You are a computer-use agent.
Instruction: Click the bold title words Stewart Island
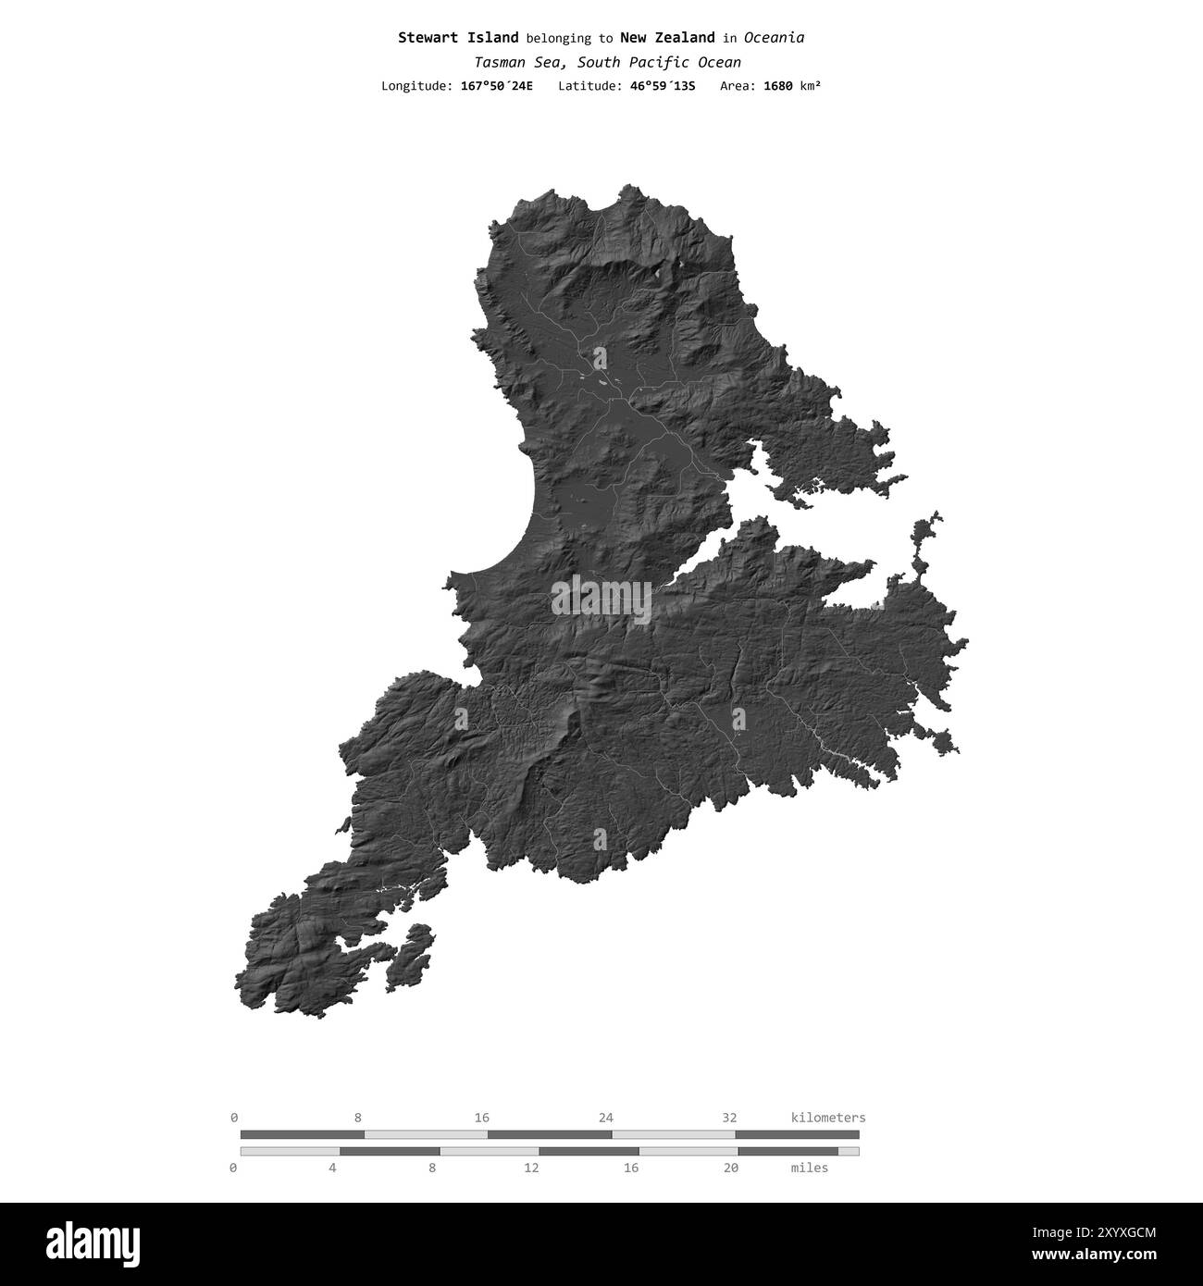click(458, 38)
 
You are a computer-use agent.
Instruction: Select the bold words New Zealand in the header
click(666, 38)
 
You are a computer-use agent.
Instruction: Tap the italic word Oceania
click(774, 38)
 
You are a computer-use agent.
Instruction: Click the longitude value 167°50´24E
click(496, 86)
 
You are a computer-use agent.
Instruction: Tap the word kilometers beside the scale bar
click(828, 1118)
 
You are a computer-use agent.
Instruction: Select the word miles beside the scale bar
click(810, 1168)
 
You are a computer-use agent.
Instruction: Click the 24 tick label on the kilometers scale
click(605, 1118)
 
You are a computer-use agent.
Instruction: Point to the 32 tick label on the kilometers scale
click(729, 1118)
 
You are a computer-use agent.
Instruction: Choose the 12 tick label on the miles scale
click(531, 1168)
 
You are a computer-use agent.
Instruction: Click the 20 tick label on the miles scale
click(730, 1168)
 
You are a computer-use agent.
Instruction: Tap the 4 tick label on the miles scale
click(332, 1168)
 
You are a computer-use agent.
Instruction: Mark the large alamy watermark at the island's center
click(601, 600)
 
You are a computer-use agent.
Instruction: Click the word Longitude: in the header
click(416, 86)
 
